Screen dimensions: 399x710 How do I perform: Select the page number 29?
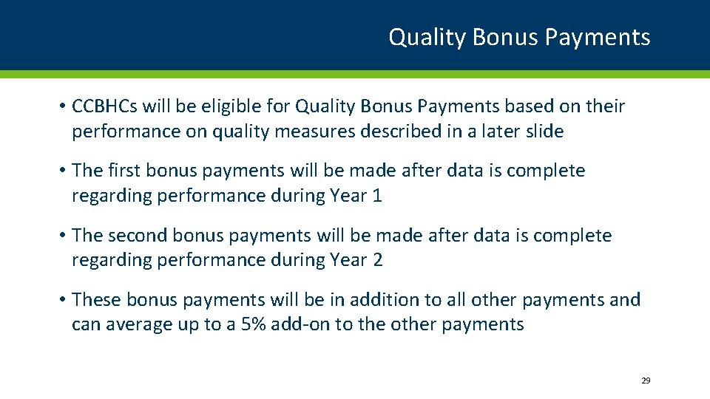[x=645, y=381]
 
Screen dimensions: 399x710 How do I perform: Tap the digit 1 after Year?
[x=377, y=196]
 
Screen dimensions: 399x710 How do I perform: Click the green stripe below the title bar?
[x=355, y=74]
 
